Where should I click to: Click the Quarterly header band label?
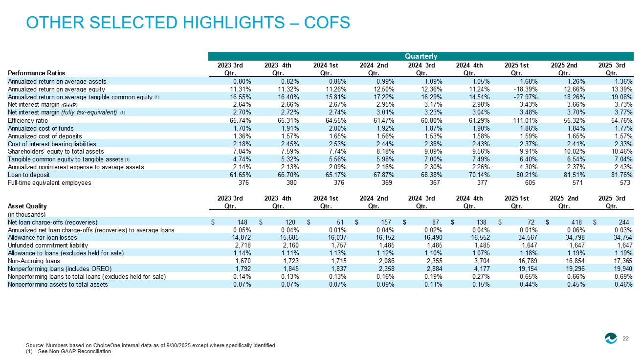tap(421, 56)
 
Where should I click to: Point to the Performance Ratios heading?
tap(36, 73)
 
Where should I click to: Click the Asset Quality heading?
tap(27, 206)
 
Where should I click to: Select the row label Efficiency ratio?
tap(28, 120)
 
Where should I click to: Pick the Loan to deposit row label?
tap(29, 175)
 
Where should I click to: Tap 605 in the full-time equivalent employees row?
tap(530, 182)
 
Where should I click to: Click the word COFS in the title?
tap(327, 22)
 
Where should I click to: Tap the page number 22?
tap(626, 338)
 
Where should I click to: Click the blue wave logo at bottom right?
tap(611, 338)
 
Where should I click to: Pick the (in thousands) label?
tap(27, 214)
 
